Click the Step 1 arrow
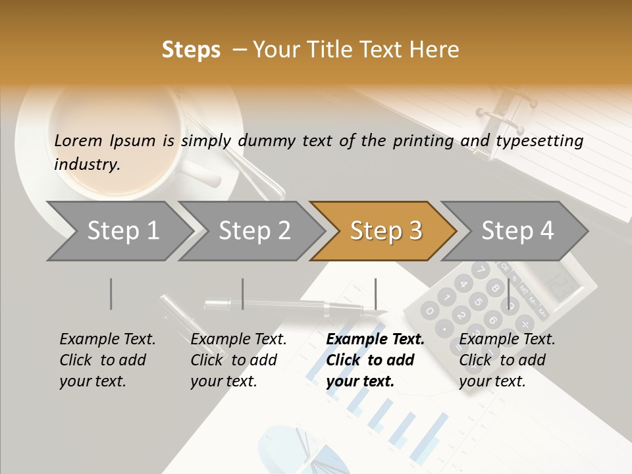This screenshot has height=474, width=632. [122, 231]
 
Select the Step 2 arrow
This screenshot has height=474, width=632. [253, 231]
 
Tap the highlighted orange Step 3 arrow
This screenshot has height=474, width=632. [385, 231]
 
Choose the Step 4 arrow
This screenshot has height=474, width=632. [517, 231]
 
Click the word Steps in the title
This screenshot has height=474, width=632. [191, 50]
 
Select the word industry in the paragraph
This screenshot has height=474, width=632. [86, 165]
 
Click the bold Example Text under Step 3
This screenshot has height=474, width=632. [375, 340]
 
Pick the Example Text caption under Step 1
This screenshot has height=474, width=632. [107, 340]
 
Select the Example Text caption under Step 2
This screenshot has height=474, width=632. [238, 340]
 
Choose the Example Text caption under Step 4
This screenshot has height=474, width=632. [507, 340]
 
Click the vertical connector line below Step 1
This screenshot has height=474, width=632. [111, 294]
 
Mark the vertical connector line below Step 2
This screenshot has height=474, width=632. [242, 294]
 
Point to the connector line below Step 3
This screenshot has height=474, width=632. [375, 294]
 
